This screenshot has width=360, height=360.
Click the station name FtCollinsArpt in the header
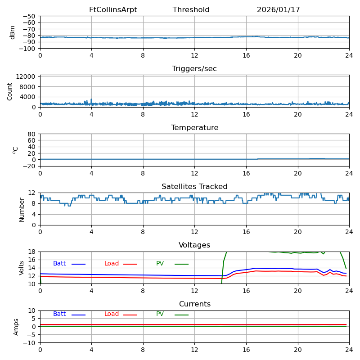[113, 10]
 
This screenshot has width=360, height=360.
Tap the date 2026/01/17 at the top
[278, 10]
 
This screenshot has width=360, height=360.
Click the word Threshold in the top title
[191, 10]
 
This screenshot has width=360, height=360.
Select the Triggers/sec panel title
[194, 69]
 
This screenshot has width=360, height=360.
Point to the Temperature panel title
[194, 128]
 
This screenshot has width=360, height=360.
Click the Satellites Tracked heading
[194, 187]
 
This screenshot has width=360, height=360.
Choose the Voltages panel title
[194, 245]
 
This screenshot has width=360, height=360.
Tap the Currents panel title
[194, 304]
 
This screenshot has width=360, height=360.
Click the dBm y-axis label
[13, 32]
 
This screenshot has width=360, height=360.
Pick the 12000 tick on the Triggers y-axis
[27, 77]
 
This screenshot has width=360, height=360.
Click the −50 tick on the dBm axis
[28, 16]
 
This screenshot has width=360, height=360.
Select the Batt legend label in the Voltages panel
[59, 264]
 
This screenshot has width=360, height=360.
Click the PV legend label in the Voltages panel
[160, 264]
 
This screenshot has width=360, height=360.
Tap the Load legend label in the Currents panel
[112, 314]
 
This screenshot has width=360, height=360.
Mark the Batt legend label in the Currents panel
[59, 314]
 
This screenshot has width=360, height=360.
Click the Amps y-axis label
[16, 327]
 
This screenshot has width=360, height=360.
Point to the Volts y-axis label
[22, 268]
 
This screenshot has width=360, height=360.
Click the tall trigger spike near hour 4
[91, 99]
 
